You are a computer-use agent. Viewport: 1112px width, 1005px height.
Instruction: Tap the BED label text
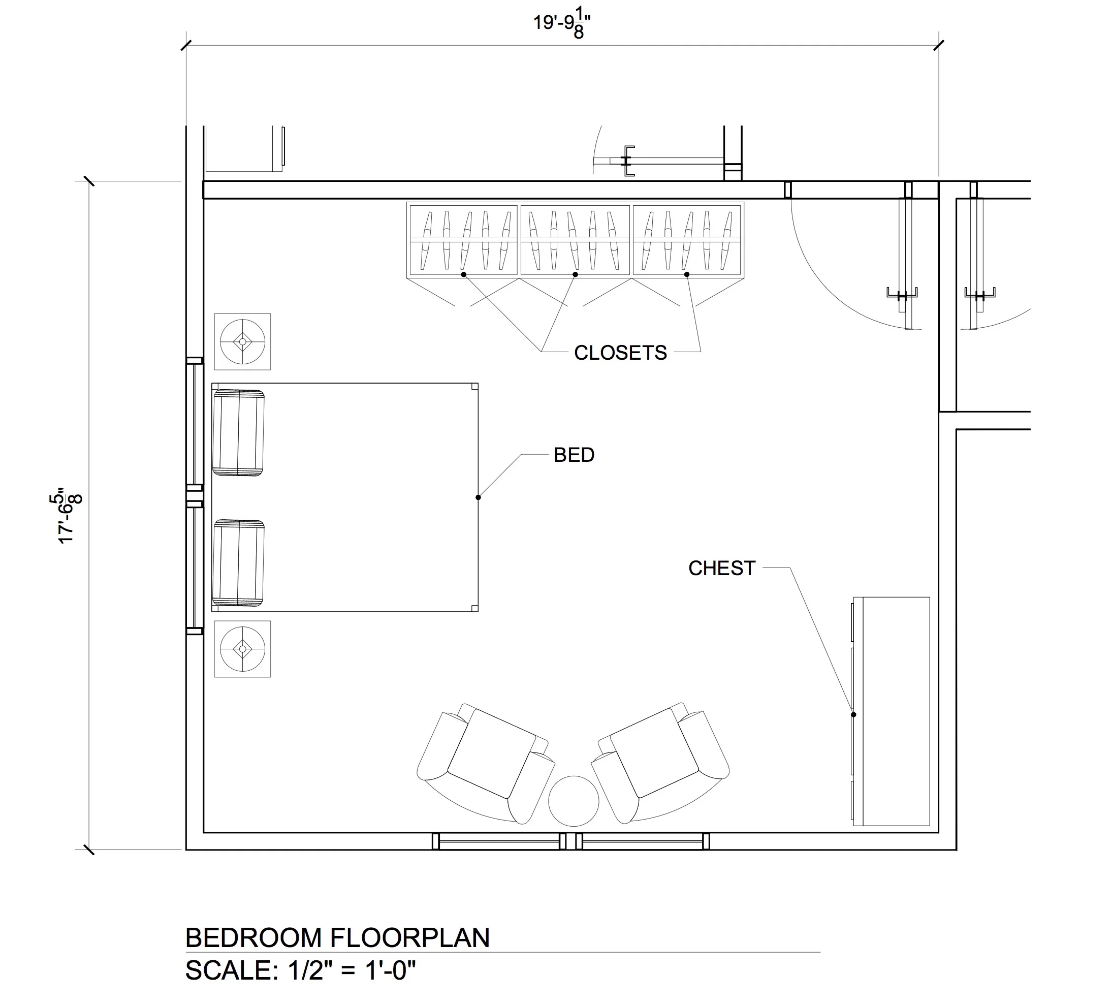click(574, 455)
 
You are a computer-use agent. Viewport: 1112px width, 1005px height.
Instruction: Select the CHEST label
click(721, 568)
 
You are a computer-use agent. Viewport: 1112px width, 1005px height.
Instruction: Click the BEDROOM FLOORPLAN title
click(338, 938)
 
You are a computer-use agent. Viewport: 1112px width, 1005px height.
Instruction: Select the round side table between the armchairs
click(574, 801)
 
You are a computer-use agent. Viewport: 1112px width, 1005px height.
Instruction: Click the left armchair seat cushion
click(491, 753)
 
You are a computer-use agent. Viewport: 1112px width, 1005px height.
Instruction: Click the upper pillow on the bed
click(238, 432)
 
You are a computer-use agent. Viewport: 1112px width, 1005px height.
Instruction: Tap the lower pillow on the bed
click(238, 562)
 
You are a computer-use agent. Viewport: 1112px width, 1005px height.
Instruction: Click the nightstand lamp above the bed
click(242, 342)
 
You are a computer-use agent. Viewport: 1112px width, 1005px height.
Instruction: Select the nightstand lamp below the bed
click(242, 649)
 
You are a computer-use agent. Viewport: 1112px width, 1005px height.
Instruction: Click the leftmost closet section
click(463, 240)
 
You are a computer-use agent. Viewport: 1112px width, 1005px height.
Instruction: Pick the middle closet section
click(576, 240)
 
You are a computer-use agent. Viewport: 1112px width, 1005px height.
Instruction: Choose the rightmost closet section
click(687, 240)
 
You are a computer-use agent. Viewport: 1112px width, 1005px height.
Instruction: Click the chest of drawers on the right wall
click(891, 711)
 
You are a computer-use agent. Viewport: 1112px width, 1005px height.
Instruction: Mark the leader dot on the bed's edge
click(478, 497)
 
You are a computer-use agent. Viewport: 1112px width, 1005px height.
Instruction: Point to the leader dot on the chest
click(854, 715)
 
